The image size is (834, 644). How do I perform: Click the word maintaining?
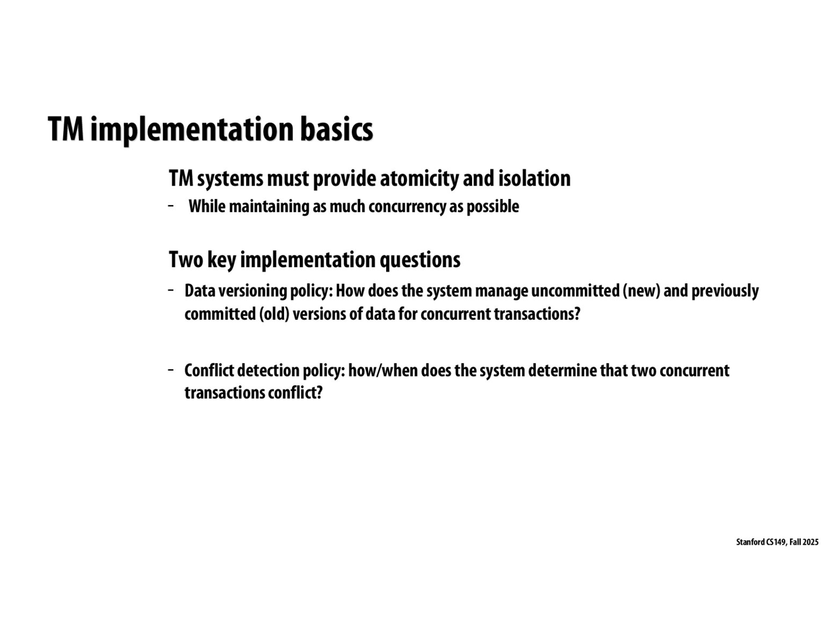tap(270, 207)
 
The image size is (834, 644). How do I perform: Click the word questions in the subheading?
tap(420, 260)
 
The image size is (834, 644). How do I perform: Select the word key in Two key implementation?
tap(222, 260)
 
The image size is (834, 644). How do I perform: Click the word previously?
tap(725, 291)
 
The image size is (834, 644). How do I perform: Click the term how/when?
tap(383, 370)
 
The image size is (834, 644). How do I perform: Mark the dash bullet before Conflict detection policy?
tap(171, 370)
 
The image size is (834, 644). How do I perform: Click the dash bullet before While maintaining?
tap(171, 206)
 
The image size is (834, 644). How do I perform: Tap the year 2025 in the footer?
tap(811, 542)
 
